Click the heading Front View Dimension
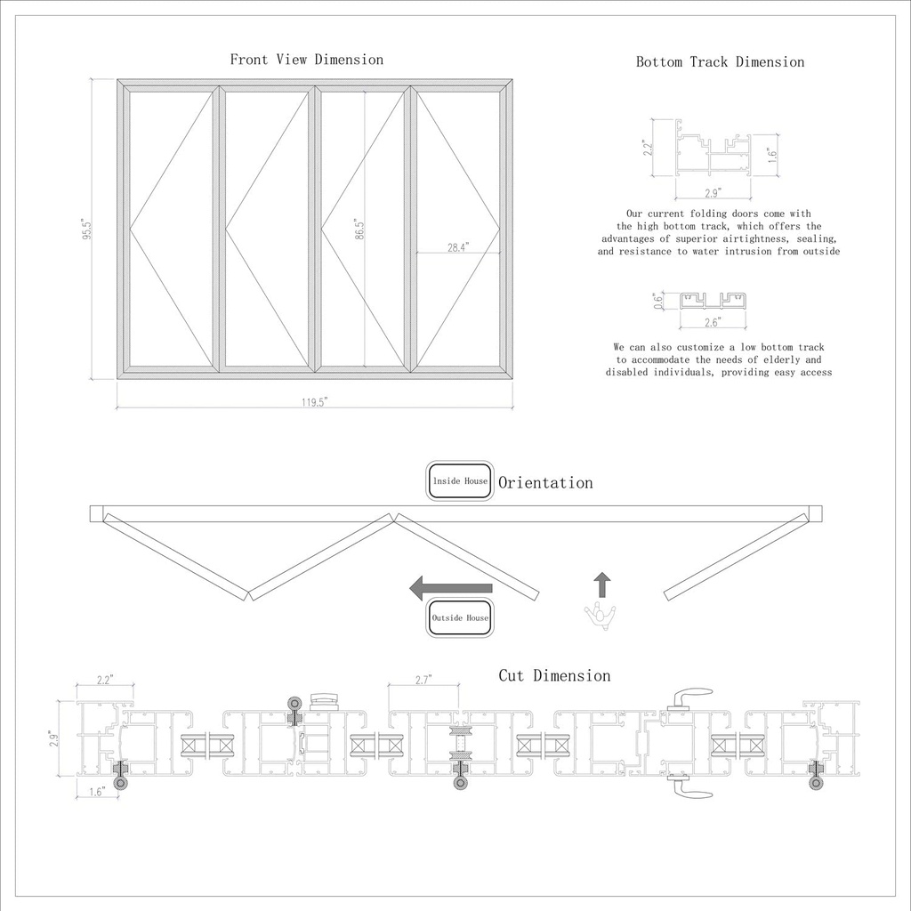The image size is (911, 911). [x=307, y=60]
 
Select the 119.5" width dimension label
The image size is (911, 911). [x=314, y=402]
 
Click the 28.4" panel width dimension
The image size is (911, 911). [x=458, y=247]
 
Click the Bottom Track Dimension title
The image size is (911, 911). [x=720, y=62]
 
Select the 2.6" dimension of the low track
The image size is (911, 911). [x=713, y=322]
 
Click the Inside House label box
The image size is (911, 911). [x=460, y=481]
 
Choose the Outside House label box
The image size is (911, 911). [x=460, y=617]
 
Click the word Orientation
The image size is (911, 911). [x=545, y=483]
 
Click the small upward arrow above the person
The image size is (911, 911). [x=602, y=584]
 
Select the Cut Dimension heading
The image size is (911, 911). [x=554, y=676]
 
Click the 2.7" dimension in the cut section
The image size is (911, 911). [x=423, y=680]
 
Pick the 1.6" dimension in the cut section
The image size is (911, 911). [x=97, y=790]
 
